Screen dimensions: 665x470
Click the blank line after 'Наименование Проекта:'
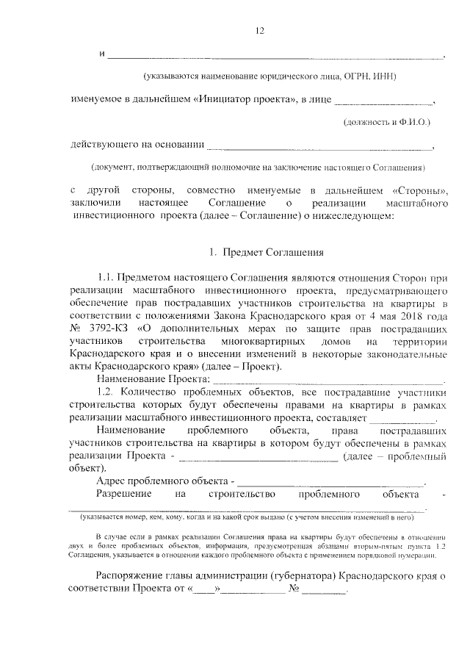pos(328,380)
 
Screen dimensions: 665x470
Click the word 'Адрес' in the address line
pos(112,481)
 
